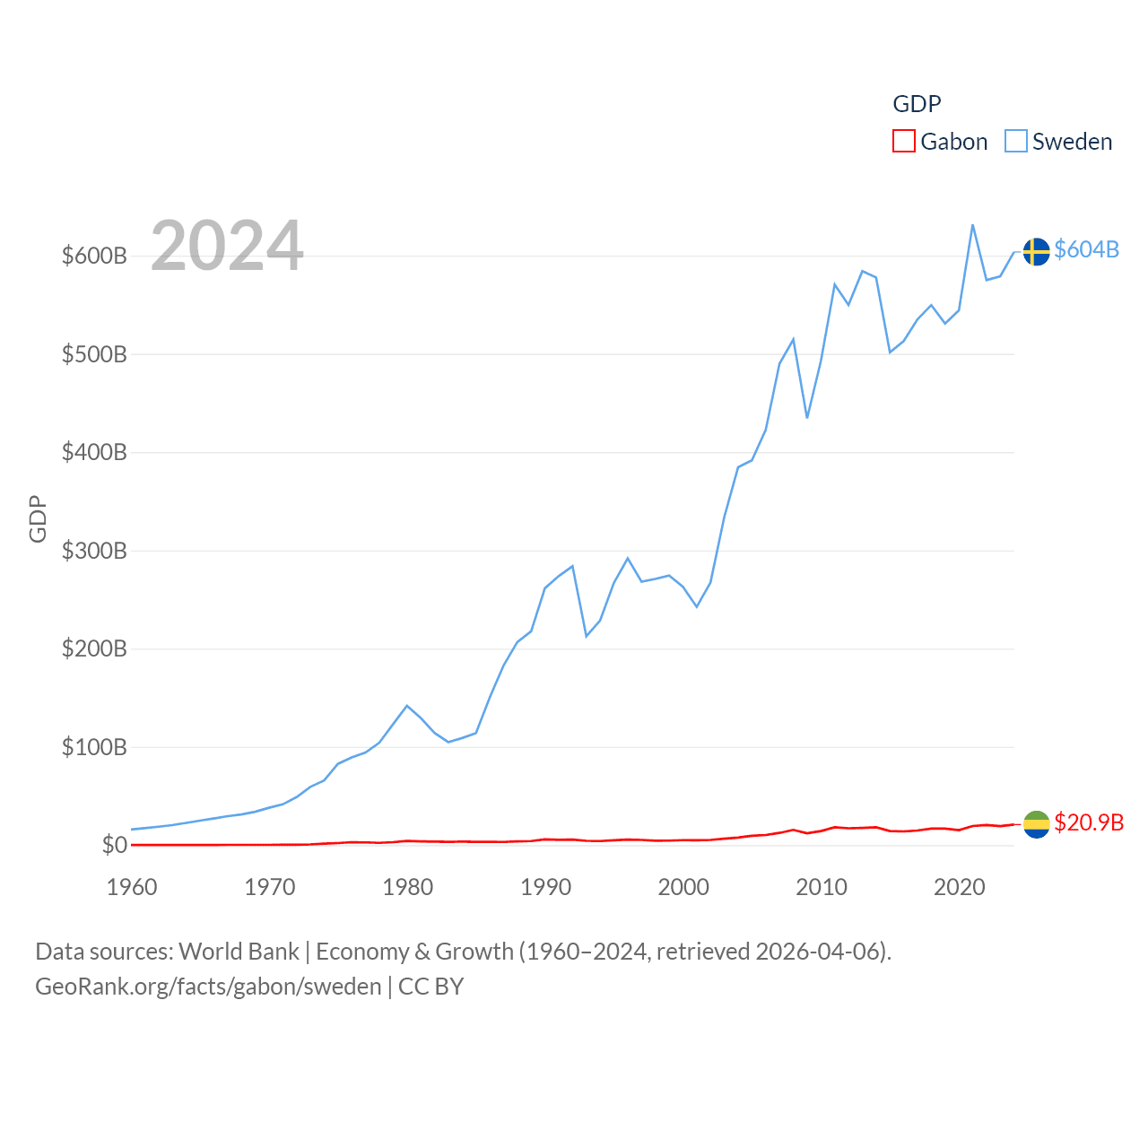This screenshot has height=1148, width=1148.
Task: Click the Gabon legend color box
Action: coord(903,142)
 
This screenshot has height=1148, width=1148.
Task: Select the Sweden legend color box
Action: coord(1015,142)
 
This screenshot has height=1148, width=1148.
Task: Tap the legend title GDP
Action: coord(917,104)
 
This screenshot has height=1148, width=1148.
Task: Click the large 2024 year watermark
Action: coord(227,246)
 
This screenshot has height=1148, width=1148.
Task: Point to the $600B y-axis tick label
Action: coord(94,257)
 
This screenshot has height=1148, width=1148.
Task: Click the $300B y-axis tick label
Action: coord(94,551)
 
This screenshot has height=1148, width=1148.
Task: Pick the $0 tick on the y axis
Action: coord(114,845)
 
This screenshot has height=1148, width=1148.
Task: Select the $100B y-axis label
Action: coord(94,747)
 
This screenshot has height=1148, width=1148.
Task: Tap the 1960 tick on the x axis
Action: coord(132,887)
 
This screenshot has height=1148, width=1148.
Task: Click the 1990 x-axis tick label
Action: coord(545,887)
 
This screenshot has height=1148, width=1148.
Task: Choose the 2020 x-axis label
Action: coord(960,887)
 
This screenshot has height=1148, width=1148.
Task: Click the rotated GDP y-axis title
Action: coord(38,518)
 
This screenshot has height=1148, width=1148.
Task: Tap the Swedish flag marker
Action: coord(1036,252)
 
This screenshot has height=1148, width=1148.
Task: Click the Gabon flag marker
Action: coord(1036,824)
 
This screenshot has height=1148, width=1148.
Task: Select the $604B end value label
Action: coord(1086,249)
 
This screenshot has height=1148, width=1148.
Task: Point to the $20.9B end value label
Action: coord(1089,822)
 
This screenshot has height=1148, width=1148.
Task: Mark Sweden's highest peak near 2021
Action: coord(973,225)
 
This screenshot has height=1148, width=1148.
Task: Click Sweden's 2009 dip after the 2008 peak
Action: coord(807,417)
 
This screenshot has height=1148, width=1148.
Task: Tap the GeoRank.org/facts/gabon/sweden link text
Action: coord(208,987)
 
